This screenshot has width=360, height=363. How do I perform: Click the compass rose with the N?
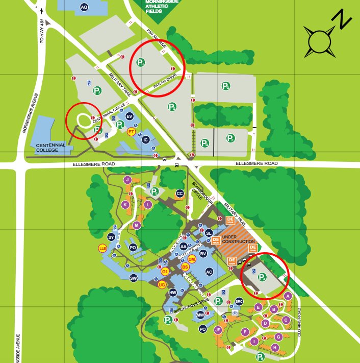(x=320, y=40)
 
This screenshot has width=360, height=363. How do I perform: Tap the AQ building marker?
(x=84, y=6)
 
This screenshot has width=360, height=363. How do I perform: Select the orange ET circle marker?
(x=131, y=132)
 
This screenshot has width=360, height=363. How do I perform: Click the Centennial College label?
(x=51, y=148)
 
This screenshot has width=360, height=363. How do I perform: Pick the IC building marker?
(x=145, y=139)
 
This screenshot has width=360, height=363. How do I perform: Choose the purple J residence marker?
(x=127, y=180)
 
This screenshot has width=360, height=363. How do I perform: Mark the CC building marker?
(x=179, y=193)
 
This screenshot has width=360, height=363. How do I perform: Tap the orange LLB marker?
(x=102, y=248)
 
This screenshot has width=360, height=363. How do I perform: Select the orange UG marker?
(x=162, y=285)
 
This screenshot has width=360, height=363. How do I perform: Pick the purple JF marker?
(x=218, y=330)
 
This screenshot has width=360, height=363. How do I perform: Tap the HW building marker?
(x=173, y=293)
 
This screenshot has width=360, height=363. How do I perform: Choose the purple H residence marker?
(x=275, y=347)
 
